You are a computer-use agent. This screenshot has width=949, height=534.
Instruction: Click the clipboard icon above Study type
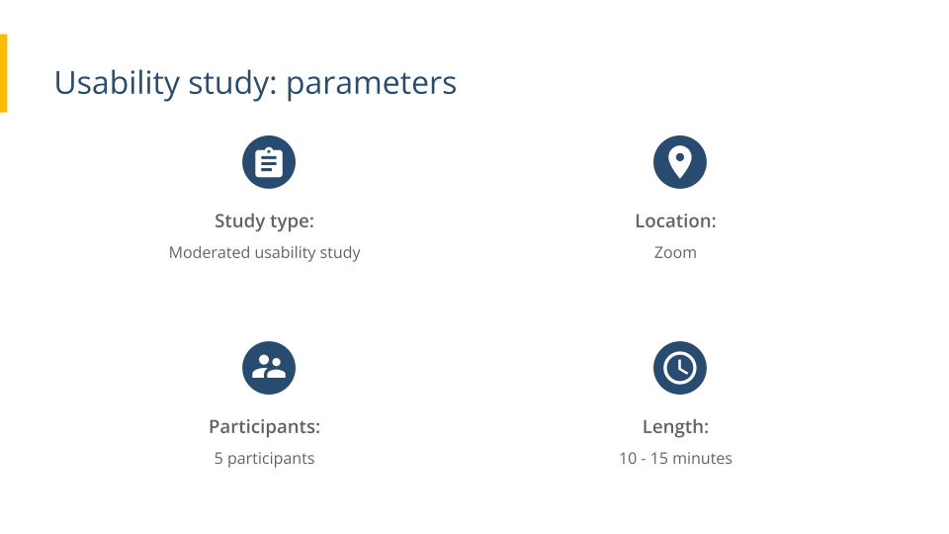(269, 162)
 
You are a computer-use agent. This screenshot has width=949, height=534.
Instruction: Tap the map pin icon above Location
(680, 162)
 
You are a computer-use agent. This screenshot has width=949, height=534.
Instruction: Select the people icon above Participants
(269, 368)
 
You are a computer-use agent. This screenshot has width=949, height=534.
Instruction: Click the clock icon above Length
(680, 368)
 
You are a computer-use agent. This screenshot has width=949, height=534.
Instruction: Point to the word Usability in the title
(103, 83)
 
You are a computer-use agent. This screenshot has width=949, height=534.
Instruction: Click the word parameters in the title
(372, 83)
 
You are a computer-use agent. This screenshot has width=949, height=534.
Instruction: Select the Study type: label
(264, 221)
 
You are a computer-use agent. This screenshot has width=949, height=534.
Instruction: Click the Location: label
(675, 221)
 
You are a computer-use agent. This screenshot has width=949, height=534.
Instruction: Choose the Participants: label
(264, 426)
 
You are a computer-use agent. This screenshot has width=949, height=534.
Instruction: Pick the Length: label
(675, 426)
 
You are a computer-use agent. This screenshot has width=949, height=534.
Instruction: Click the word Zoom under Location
(675, 252)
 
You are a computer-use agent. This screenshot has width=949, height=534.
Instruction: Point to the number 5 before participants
(218, 458)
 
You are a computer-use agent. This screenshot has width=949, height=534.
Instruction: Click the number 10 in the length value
(628, 458)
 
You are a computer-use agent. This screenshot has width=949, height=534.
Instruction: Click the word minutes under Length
(703, 458)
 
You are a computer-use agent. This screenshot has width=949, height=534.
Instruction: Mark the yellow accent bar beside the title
(3, 72)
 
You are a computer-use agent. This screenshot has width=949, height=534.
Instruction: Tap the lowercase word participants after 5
(271, 458)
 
